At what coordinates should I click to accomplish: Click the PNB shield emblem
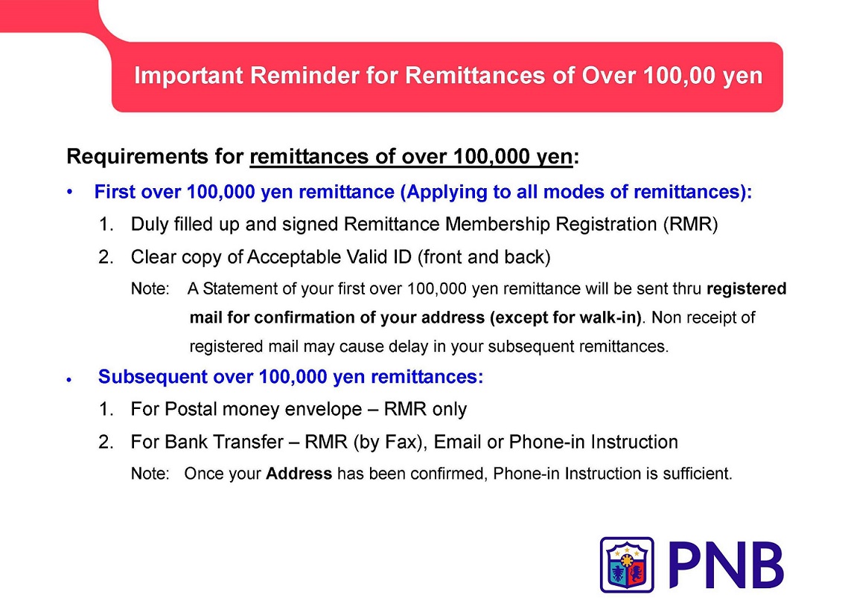tap(627, 564)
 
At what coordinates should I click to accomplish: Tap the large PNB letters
tap(725, 564)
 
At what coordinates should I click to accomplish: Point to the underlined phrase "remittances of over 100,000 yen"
tap(411, 157)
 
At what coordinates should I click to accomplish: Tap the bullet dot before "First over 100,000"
tap(69, 192)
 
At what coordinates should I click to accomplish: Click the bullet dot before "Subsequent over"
tap(69, 380)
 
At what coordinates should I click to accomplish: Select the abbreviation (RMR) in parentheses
tap(691, 225)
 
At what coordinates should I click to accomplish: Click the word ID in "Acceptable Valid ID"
tap(403, 257)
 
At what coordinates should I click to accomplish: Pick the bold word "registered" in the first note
tap(747, 289)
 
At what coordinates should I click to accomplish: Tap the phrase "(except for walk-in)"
tap(565, 318)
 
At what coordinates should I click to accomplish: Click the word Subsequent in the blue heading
tap(153, 377)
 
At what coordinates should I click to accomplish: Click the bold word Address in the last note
tap(299, 474)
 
